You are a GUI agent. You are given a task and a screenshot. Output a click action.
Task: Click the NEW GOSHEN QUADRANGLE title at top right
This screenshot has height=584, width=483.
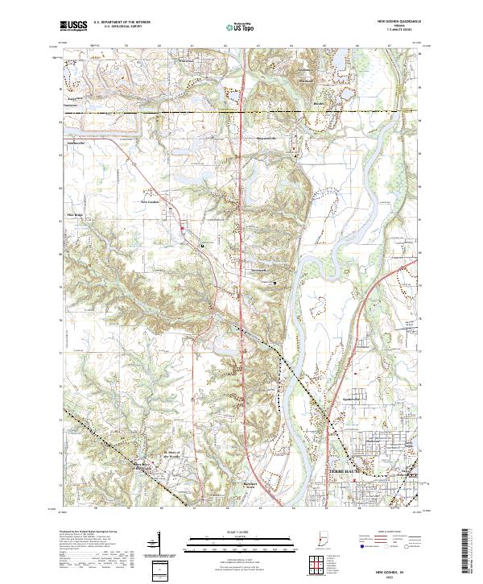coord(398,22)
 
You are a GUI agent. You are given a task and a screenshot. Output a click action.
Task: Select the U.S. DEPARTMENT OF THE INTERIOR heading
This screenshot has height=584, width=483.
coord(122,23)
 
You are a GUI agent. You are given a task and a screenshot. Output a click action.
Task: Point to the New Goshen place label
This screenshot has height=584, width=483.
coord(151,201)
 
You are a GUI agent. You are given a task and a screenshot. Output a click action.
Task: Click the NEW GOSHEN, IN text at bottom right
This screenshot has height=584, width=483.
coord(398,569)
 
